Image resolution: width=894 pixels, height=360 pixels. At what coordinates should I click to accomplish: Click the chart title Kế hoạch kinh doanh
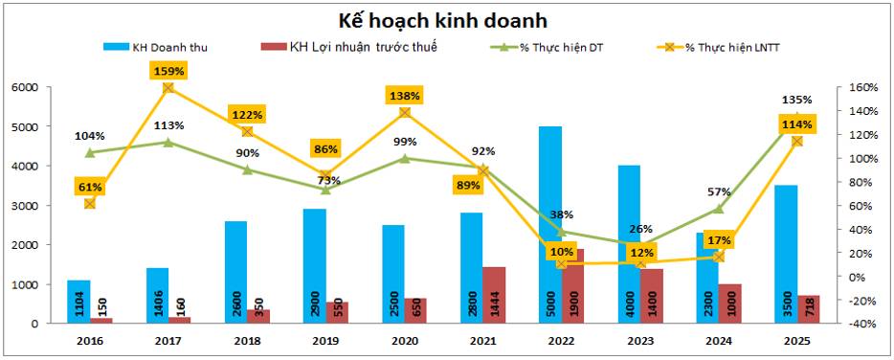(446, 19)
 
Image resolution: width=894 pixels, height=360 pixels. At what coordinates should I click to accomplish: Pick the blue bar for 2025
(785, 254)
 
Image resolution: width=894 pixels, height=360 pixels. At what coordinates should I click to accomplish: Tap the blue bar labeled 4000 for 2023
(628, 244)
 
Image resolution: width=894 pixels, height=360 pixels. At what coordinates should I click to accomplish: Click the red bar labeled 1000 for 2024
(729, 304)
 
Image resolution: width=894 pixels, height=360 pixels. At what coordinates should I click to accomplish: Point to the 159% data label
(168, 70)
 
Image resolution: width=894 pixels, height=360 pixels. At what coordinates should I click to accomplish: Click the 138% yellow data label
(403, 95)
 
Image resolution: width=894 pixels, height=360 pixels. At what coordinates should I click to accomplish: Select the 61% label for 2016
(90, 186)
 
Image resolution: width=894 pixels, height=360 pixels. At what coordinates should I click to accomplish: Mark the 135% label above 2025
(796, 100)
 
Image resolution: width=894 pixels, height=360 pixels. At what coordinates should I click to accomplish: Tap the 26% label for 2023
(640, 229)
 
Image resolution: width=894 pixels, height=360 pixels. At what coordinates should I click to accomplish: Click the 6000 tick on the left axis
(25, 87)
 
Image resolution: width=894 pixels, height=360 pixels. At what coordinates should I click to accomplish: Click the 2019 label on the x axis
(324, 340)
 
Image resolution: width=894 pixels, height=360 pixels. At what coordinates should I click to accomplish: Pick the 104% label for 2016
(90, 136)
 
